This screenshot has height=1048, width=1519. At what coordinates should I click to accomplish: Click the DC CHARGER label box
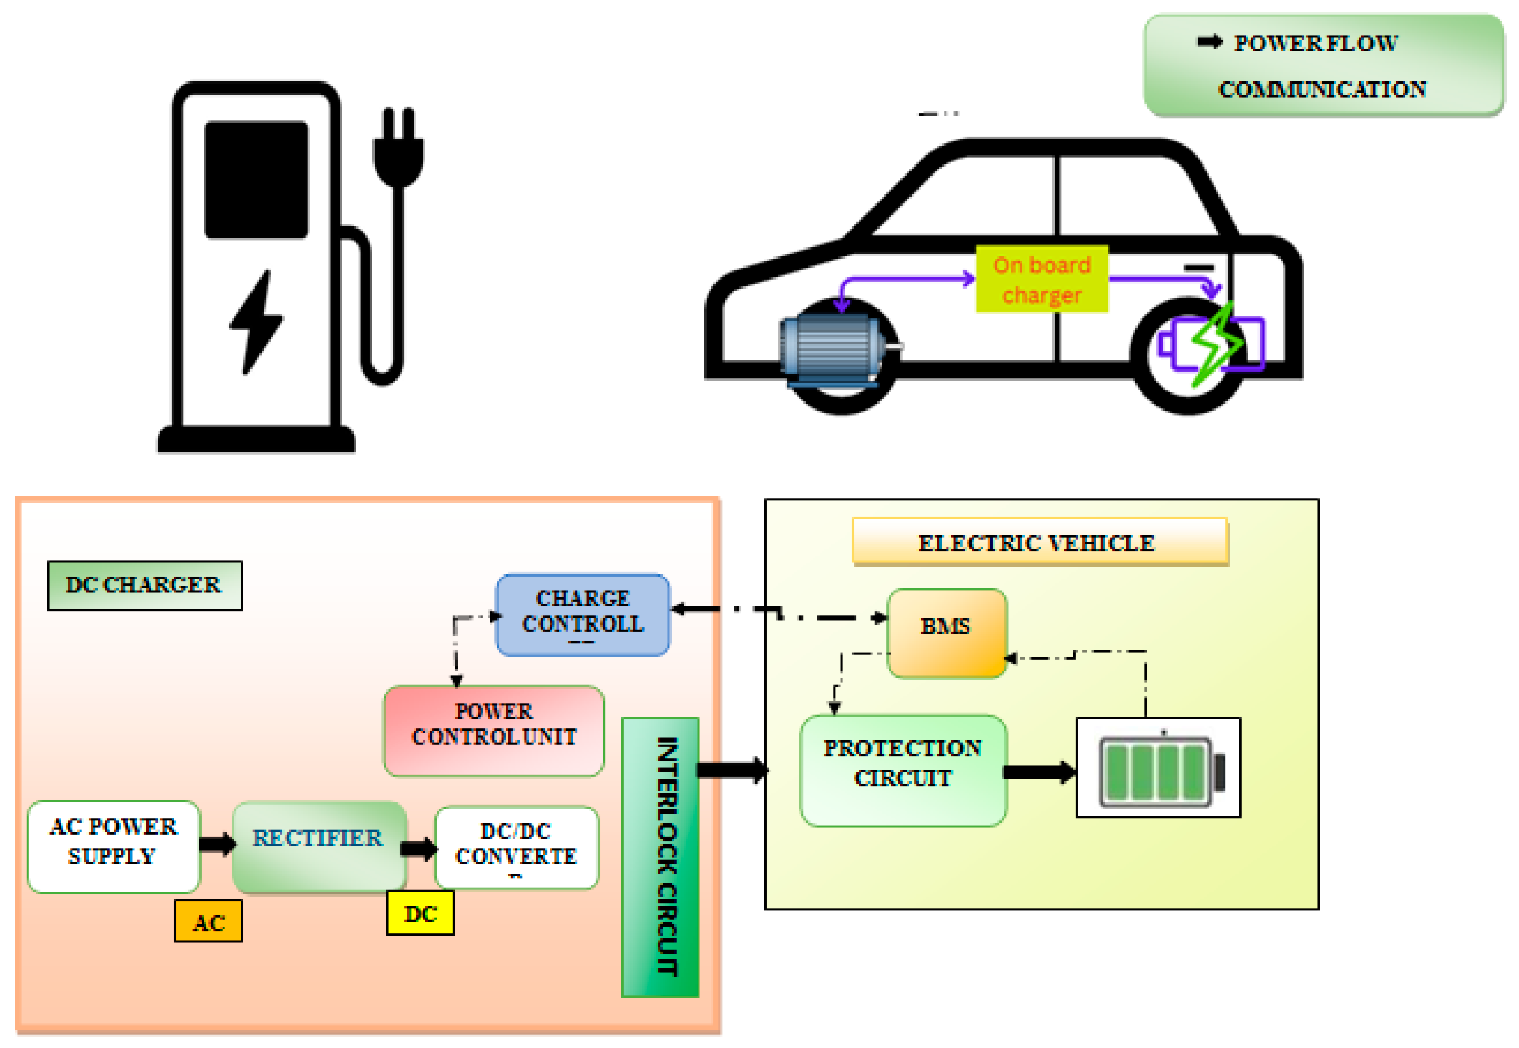click(x=145, y=586)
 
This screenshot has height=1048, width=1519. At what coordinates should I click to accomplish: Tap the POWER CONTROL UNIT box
click(x=494, y=731)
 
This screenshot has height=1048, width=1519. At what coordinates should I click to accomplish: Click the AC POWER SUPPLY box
click(x=114, y=846)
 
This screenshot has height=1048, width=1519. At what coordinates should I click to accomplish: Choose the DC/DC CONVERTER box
click(x=517, y=848)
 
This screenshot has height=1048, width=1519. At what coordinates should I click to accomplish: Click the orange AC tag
click(x=208, y=922)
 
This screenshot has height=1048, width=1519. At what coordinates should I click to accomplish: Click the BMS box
click(x=946, y=632)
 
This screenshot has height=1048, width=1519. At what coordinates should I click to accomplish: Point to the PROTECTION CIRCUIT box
click(x=903, y=770)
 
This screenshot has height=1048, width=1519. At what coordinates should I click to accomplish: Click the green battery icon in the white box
click(x=1161, y=771)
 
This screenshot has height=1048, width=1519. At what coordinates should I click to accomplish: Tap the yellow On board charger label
click(x=1042, y=279)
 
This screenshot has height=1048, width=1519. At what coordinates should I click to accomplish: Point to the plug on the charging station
click(x=398, y=148)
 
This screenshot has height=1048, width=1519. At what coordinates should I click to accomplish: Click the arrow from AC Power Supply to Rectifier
click(x=217, y=844)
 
